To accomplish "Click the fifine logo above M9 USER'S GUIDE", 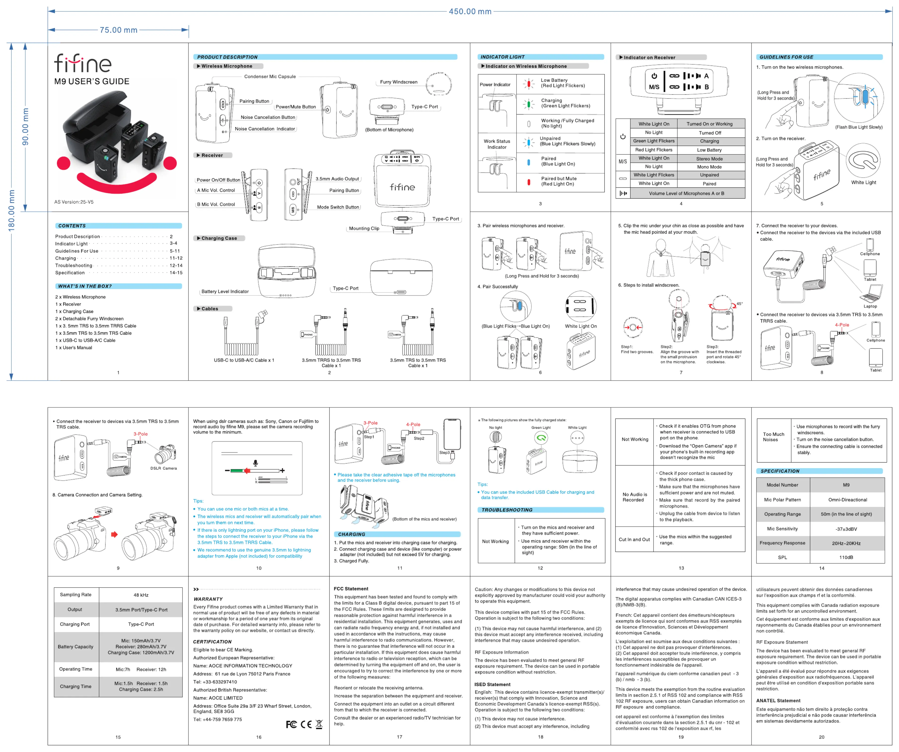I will click(x=83, y=63).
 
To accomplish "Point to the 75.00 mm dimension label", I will click(x=119, y=30).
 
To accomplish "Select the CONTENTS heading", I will click(x=72, y=226).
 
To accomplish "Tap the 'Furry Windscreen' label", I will click(x=399, y=82).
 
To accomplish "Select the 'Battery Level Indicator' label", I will click(x=225, y=292).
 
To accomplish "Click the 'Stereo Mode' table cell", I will click(x=709, y=158).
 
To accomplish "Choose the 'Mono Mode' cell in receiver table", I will click(x=709, y=167).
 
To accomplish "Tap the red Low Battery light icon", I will click(x=529, y=84).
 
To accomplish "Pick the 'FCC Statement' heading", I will click(x=351, y=589).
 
